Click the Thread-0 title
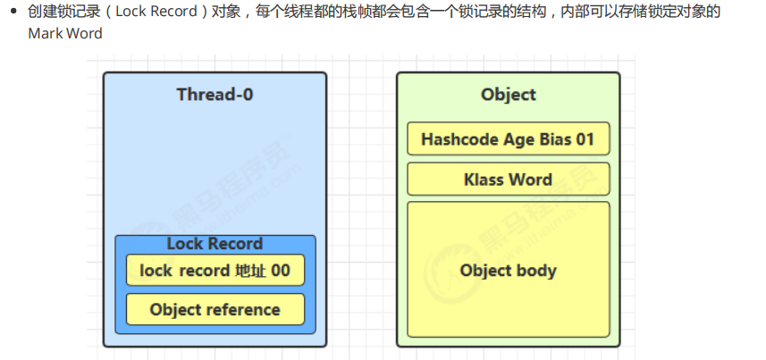click(x=215, y=95)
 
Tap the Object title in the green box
click(x=508, y=95)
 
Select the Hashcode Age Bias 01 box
click(x=508, y=139)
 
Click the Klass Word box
click(x=508, y=180)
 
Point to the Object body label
click(x=508, y=270)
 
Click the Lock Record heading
click(x=215, y=244)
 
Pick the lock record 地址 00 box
click(x=215, y=270)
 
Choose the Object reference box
click(x=215, y=310)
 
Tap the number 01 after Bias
click(x=585, y=140)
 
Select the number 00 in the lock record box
click(x=281, y=270)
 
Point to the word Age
click(x=518, y=140)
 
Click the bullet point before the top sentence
click(x=13, y=13)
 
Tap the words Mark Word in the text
click(x=64, y=34)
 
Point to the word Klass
click(x=484, y=180)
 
